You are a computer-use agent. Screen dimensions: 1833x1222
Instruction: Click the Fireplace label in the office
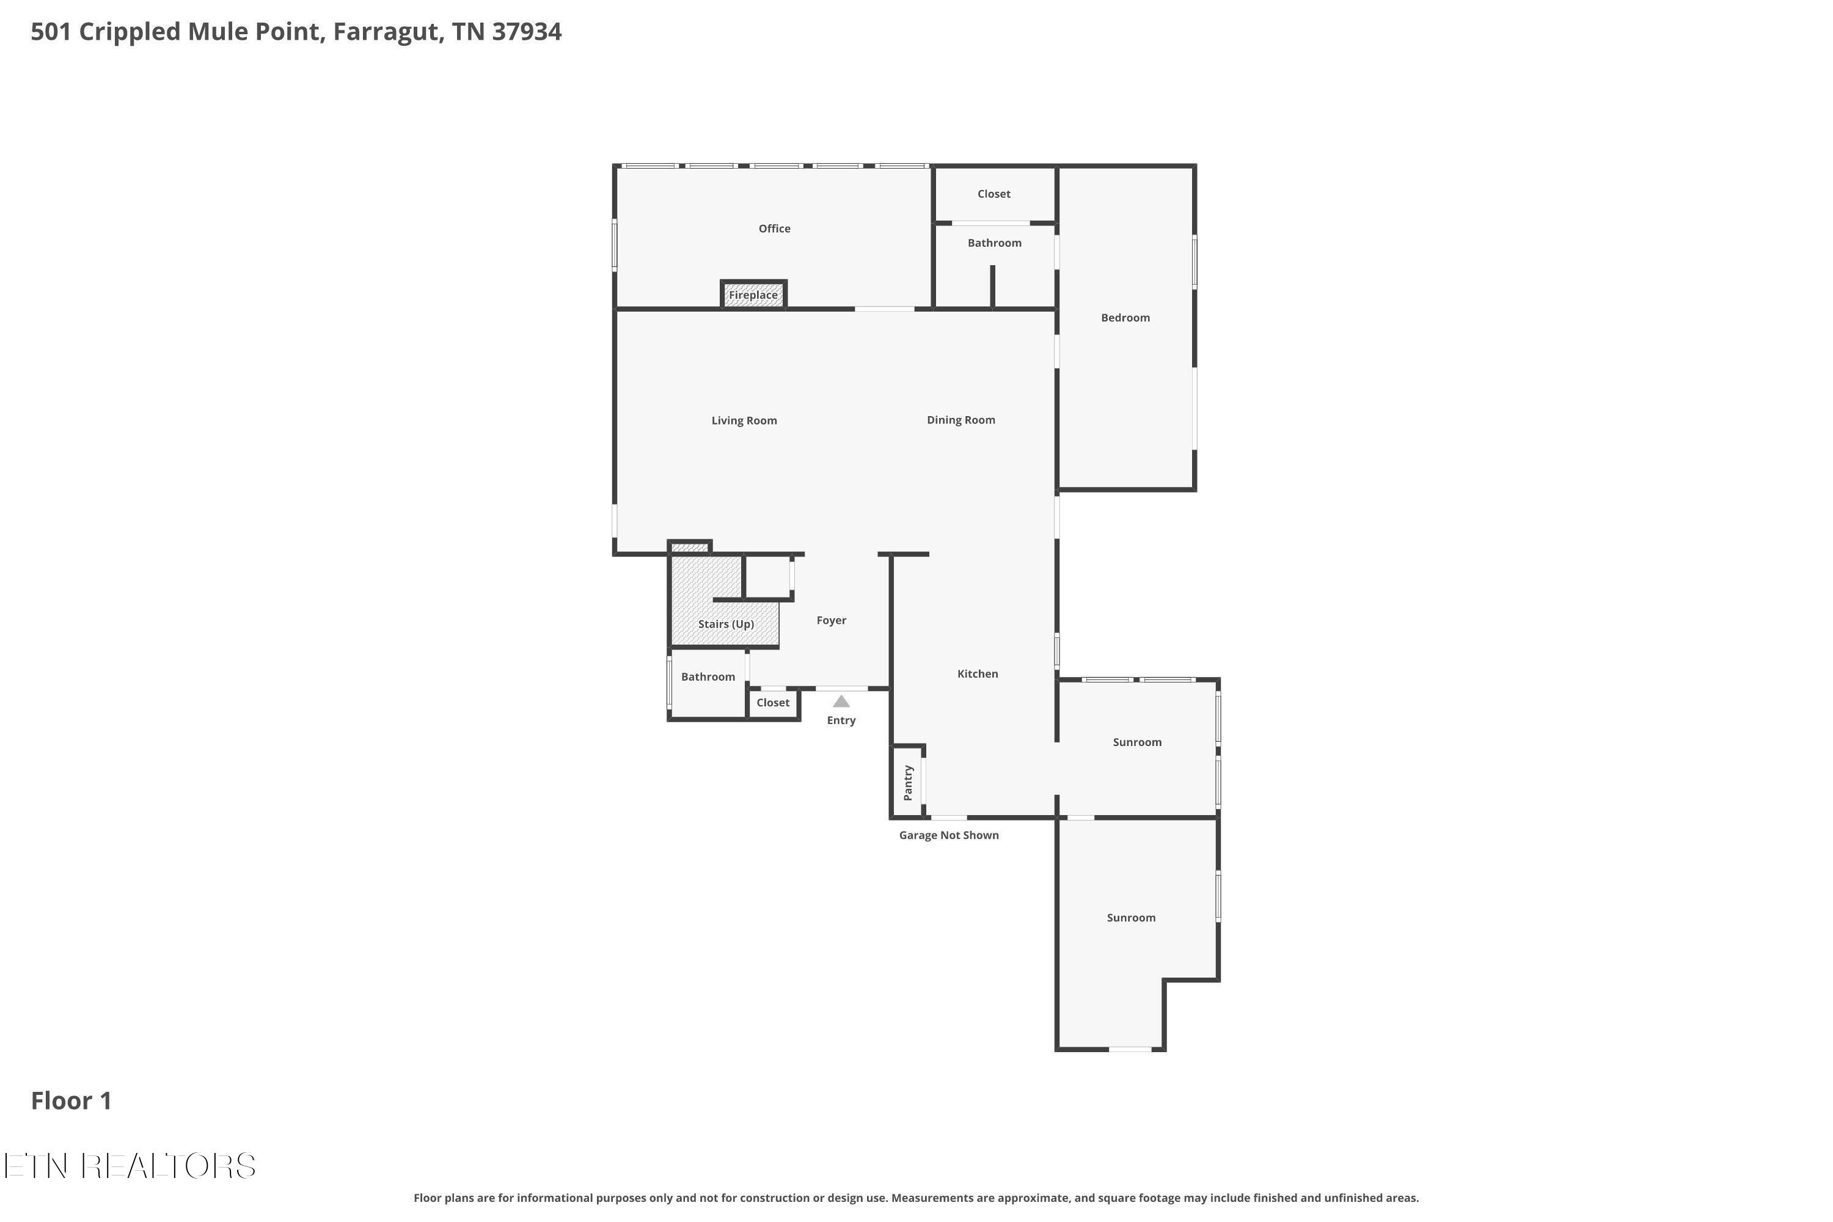pyautogui.click(x=753, y=295)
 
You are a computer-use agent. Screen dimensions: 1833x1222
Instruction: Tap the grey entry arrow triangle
pyautogui.click(x=842, y=701)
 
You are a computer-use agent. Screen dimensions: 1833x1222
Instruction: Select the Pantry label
pyautogui.click(x=908, y=783)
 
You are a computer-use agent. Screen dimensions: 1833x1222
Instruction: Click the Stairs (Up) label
pyautogui.click(x=726, y=624)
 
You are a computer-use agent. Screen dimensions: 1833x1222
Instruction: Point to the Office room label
pyautogui.click(x=775, y=229)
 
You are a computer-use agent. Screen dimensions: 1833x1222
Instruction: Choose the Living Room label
pyautogui.click(x=744, y=421)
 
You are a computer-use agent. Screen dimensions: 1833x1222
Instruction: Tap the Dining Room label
pyautogui.click(x=961, y=420)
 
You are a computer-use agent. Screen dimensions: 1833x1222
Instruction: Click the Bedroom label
pyautogui.click(x=1125, y=318)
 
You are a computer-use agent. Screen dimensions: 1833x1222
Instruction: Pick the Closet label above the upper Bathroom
pyautogui.click(x=995, y=194)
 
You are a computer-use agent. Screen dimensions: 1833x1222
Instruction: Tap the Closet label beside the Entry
pyautogui.click(x=773, y=703)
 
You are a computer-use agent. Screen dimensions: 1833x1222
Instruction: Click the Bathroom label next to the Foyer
pyautogui.click(x=708, y=677)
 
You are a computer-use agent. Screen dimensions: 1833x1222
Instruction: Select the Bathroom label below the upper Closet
pyautogui.click(x=995, y=243)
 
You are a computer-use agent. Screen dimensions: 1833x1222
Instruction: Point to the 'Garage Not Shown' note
pyautogui.click(x=949, y=835)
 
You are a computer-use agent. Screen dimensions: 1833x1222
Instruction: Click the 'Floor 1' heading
pyautogui.click(x=71, y=1100)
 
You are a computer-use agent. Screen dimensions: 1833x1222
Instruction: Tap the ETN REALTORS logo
pyautogui.click(x=130, y=1166)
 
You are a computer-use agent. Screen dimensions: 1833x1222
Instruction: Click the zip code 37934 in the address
pyautogui.click(x=527, y=32)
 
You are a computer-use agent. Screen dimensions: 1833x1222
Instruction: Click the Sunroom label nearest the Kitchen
pyautogui.click(x=1137, y=743)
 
